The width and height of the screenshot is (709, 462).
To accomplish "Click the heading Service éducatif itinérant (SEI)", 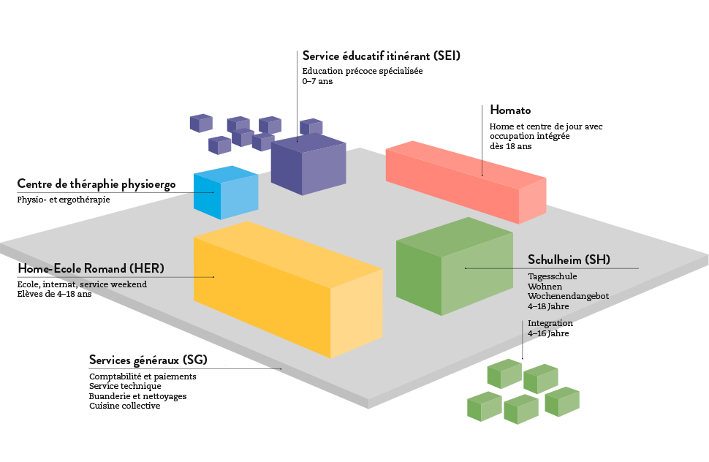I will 381,56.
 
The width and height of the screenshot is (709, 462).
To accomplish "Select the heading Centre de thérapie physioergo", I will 96,184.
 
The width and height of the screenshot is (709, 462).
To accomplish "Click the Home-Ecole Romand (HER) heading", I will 91,268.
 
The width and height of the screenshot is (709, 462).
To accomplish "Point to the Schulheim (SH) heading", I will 569,260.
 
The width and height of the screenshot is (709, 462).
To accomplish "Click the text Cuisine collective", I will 124,406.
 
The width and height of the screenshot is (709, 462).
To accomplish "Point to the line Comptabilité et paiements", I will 143,376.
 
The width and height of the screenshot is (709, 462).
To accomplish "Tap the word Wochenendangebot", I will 568,296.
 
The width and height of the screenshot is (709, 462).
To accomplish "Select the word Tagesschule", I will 552,276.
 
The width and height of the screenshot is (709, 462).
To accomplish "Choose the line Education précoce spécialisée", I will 363,72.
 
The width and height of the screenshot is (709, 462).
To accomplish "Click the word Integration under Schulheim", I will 550,323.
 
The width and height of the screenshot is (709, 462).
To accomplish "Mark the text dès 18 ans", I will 510,146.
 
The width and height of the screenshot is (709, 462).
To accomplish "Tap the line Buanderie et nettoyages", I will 137,396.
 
